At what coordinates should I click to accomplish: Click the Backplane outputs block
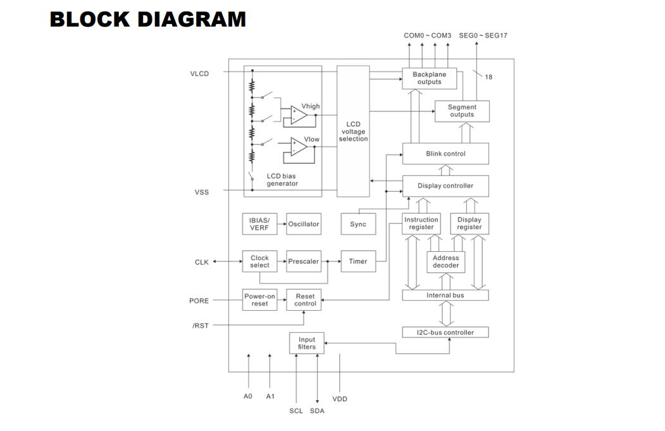(429, 78)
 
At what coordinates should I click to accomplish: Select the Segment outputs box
(462, 111)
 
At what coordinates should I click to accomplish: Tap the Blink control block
(445, 154)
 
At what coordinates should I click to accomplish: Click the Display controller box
(445, 186)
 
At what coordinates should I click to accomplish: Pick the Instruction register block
(421, 223)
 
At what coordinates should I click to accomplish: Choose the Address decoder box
(445, 262)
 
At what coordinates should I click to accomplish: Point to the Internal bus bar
(445, 296)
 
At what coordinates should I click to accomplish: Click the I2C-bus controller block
(445, 332)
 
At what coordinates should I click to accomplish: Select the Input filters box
(307, 343)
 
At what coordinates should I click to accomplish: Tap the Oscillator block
(304, 224)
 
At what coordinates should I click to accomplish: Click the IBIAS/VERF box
(259, 224)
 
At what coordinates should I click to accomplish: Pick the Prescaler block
(304, 261)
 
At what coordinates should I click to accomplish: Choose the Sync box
(358, 224)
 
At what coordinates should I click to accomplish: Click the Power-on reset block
(259, 300)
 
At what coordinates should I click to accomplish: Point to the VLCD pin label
(199, 73)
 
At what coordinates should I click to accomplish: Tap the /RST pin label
(201, 326)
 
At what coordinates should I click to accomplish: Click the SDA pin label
(317, 411)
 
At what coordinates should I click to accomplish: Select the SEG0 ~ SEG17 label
(483, 35)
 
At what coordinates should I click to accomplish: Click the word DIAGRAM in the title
(192, 20)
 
